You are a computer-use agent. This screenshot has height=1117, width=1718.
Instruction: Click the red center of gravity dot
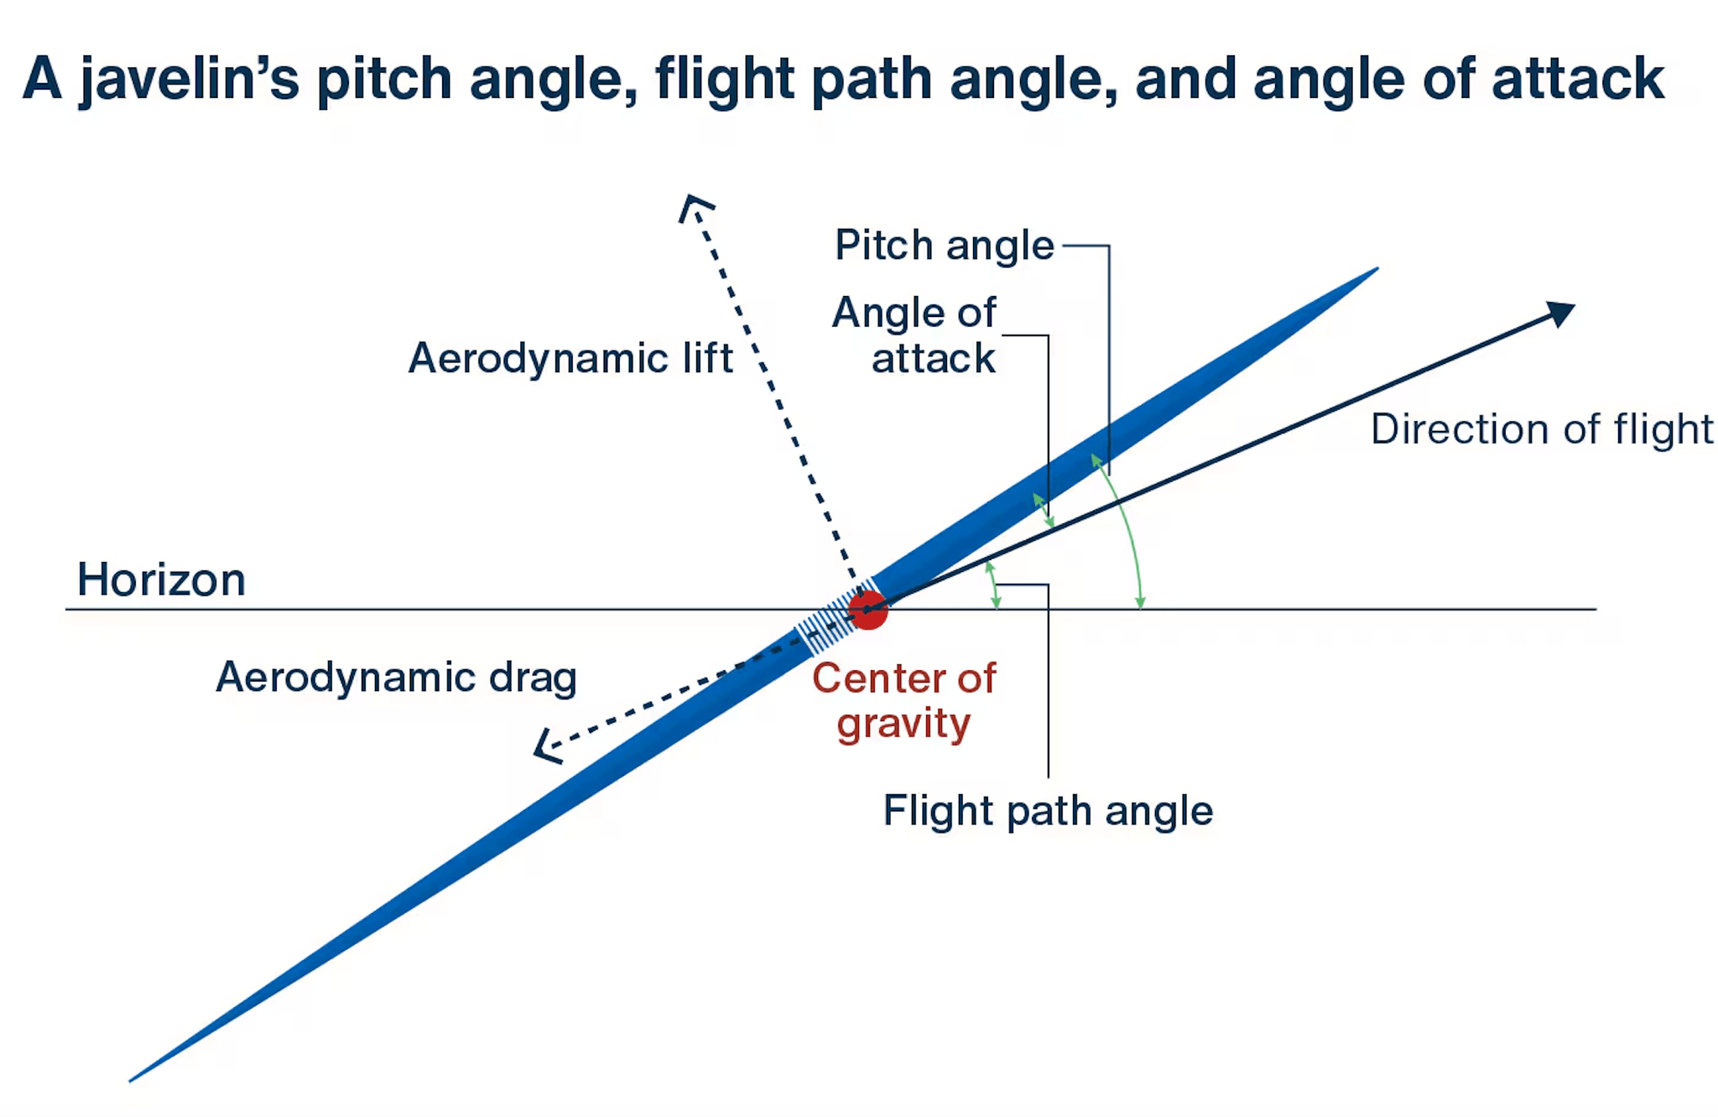click(x=868, y=610)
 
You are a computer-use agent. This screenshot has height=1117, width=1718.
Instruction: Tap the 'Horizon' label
click(x=161, y=579)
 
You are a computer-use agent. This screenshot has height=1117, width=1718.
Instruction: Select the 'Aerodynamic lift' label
click(x=570, y=358)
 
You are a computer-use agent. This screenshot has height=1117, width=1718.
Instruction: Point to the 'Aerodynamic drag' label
click(x=397, y=677)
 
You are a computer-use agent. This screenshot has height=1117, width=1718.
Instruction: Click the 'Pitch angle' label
click(x=944, y=246)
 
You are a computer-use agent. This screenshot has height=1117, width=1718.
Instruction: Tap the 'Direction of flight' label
click(x=1541, y=429)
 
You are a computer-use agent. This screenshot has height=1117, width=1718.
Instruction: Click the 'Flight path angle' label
click(x=1048, y=811)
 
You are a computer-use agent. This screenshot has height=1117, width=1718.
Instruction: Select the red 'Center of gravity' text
click(x=904, y=700)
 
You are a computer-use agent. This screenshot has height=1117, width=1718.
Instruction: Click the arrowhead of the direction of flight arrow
click(x=1561, y=314)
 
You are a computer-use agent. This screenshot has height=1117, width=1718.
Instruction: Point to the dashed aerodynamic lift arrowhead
click(x=694, y=205)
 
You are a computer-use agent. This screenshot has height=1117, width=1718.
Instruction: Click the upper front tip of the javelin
click(x=1374, y=270)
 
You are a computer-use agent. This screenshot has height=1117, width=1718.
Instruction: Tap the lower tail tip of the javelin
click(x=133, y=1078)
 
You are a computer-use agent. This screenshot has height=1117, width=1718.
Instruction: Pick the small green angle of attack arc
click(x=1043, y=509)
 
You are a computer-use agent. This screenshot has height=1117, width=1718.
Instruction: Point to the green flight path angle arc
click(x=993, y=584)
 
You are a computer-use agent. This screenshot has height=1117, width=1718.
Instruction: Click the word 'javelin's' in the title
click(x=190, y=81)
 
